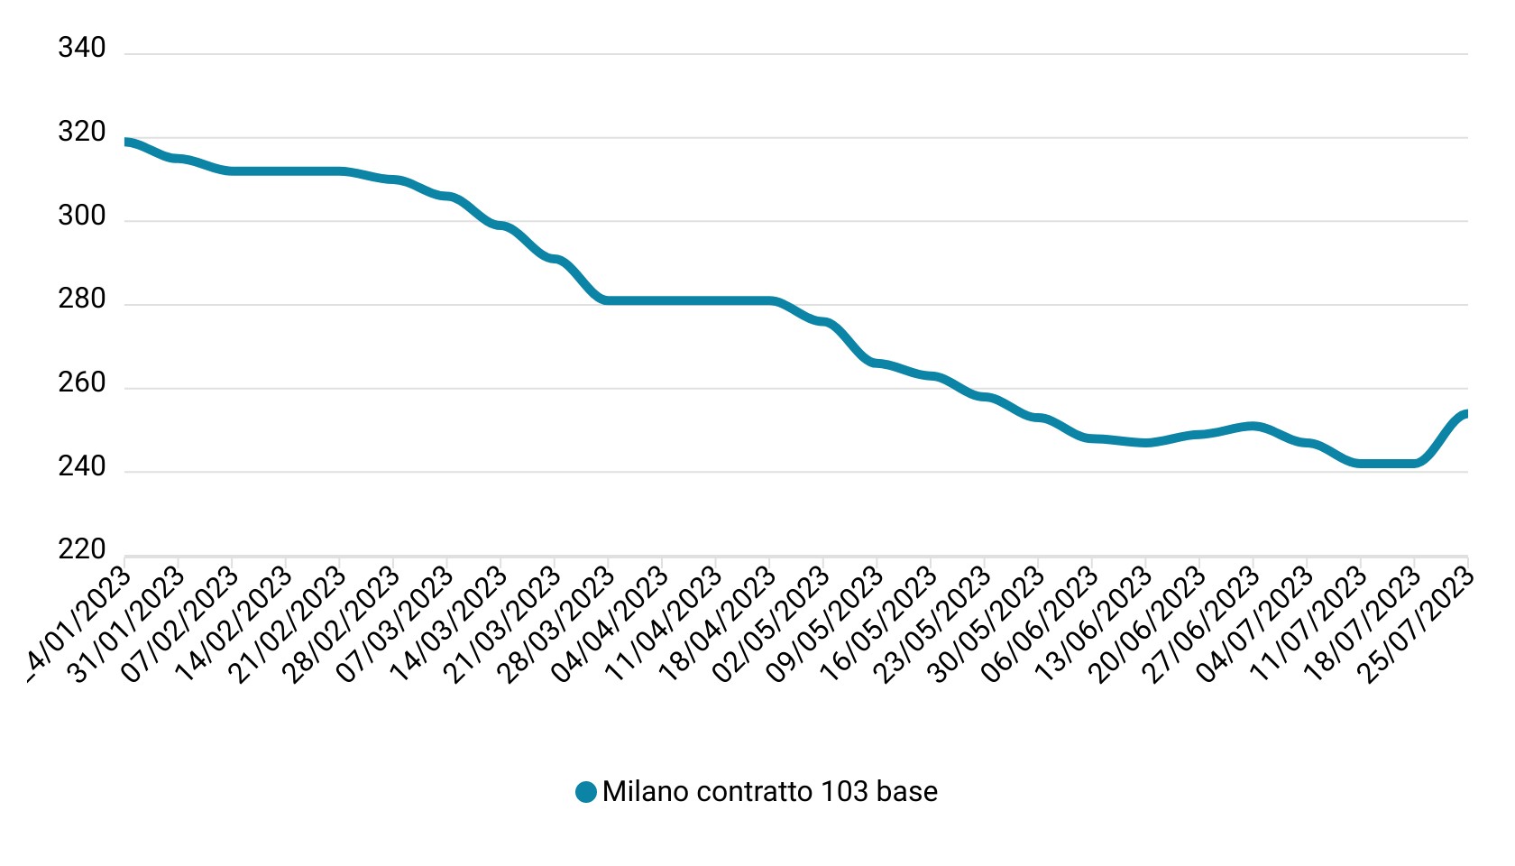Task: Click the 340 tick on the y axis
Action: coord(81,48)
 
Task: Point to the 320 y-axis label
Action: coord(81,133)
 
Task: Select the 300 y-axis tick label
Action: coord(81,216)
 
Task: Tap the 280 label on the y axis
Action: coord(81,299)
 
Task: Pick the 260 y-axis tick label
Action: coord(81,383)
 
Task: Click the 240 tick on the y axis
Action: coord(81,467)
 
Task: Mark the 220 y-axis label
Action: coord(81,549)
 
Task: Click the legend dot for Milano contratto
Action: coord(586,792)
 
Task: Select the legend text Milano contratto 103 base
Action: coord(769,792)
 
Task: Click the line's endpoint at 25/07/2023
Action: coord(1466,414)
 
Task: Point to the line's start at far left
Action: coord(126,143)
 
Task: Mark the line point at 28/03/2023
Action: coord(609,300)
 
